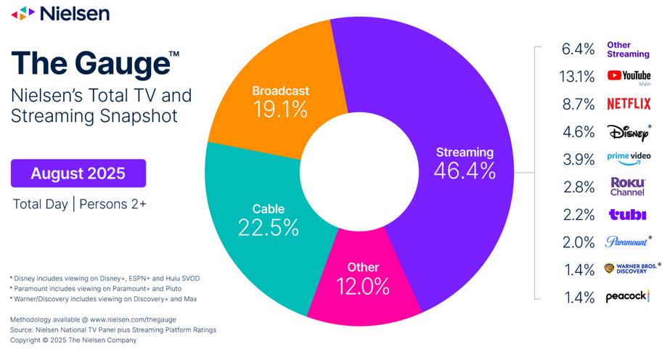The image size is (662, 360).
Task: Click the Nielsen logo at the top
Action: pyautogui.click(x=61, y=13)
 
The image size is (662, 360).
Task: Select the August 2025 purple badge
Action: pyautogui.click(x=78, y=173)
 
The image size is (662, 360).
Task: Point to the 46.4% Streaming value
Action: pyautogui.click(x=465, y=171)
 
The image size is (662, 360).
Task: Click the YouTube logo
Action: pyautogui.click(x=629, y=75)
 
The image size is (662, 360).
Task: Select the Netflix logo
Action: pyautogui.click(x=629, y=104)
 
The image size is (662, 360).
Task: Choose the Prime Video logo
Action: pyautogui.click(x=629, y=157)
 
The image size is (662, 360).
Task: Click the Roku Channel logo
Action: pyautogui.click(x=628, y=187)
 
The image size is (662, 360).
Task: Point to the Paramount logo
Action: pyautogui.click(x=626, y=242)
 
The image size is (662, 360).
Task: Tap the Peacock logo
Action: pyautogui.click(x=628, y=297)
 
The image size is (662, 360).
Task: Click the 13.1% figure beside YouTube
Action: pyautogui.click(x=579, y=76)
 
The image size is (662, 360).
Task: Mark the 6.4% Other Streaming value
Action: pyautogui.click(x=579, y=49)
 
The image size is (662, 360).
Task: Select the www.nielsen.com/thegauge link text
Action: pyautogui.click(x=133, y=319)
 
